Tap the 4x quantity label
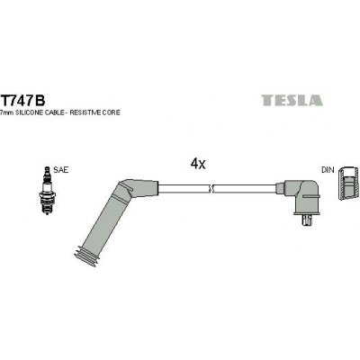tap(198, 165)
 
